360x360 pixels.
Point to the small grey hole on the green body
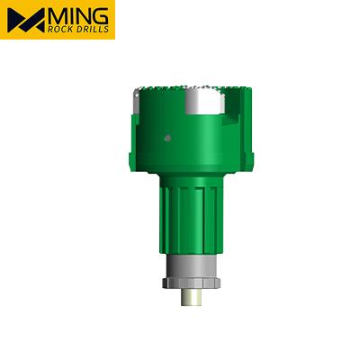[168, 138]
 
